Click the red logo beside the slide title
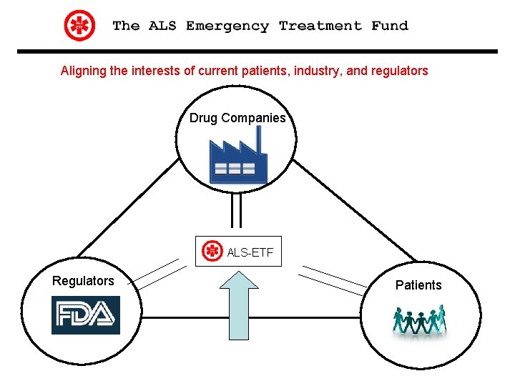point(79,26)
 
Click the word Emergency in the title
point(227,26)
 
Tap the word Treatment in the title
point(320,26)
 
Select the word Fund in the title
point(390,26)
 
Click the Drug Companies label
point(237,118)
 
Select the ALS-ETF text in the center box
point(250,252)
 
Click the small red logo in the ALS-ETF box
point(212,252)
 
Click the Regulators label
point(83,281)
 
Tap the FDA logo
point(86,315)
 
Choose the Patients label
point(418,285)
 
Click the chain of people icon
point(419,320)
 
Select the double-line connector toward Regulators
point(157,274)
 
